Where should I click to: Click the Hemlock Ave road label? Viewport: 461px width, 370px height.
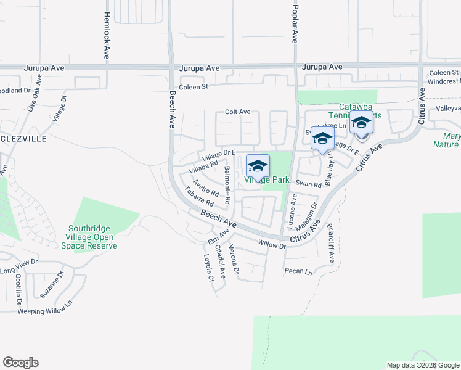(107, 35)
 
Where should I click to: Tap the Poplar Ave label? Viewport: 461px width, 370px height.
(295, 22)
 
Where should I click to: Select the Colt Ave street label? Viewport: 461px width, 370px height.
(237, 112)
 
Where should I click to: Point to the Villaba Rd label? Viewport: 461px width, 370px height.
(204, 166)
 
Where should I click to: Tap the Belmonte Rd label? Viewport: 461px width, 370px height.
(227, 185)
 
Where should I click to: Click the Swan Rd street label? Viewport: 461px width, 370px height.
(308, 184)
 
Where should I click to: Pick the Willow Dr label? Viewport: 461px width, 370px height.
(273, 245)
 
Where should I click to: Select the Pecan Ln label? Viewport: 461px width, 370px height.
(298, 271)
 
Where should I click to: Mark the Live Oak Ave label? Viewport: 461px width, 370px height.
(35, 93)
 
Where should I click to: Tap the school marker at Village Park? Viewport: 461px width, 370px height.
(258, 166)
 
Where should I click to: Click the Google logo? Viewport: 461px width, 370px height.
(21, 362)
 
